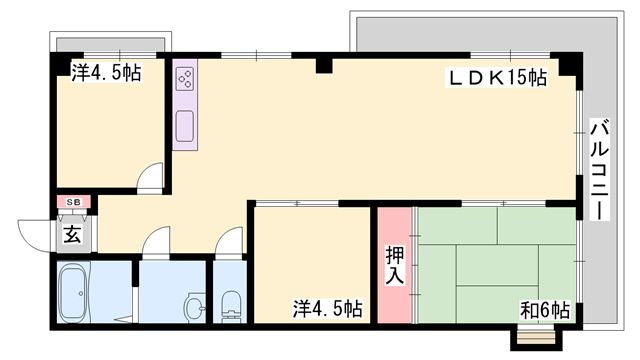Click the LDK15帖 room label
(498, 78)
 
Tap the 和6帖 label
(545, 311)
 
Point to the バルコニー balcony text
(600, 169)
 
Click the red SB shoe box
(73, 202)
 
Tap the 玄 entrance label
(72, 235)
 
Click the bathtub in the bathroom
(73, 292)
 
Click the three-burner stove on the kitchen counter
(185, 79)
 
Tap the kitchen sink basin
(184, 126)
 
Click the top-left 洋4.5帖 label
(107, 73)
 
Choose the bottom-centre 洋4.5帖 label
(328, 309)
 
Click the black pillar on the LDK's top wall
(324, 66)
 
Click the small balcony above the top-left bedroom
(110, 42)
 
